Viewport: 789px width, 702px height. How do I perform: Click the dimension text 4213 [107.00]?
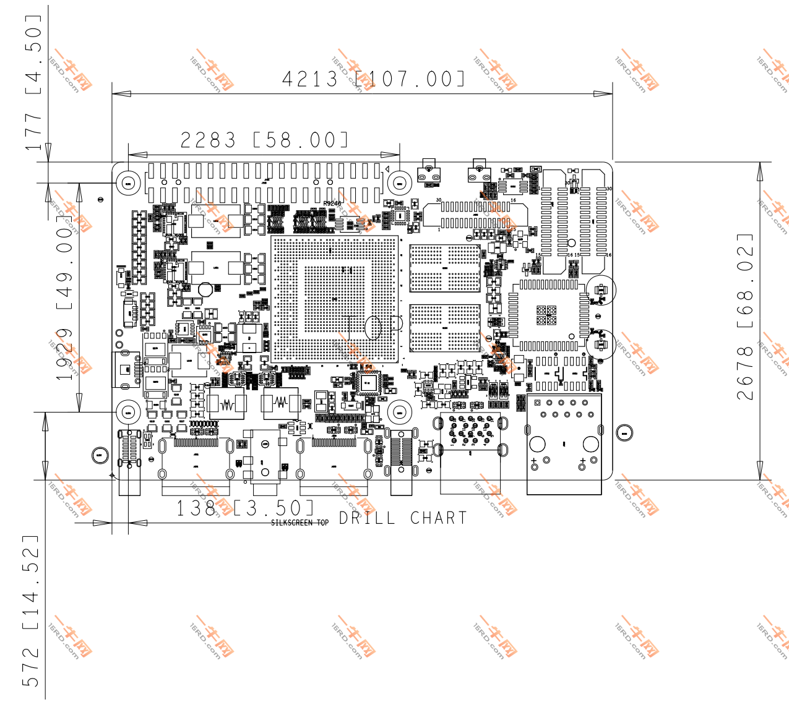373,79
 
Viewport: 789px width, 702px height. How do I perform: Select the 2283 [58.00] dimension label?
264,140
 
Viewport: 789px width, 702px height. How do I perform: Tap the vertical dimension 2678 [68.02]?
745,316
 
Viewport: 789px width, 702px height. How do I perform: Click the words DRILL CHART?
403,518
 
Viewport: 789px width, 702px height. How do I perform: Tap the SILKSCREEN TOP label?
300,523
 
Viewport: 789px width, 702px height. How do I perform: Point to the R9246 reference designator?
332,203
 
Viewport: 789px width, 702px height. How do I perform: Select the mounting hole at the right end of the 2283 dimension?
400,182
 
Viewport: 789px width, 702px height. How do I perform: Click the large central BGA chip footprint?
335,299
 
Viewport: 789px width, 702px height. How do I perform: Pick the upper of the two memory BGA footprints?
444,268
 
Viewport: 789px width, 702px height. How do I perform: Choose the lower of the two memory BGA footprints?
444,328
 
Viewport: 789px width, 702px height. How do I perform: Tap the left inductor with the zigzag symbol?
227,405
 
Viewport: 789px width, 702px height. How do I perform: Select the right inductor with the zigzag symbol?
282,403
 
